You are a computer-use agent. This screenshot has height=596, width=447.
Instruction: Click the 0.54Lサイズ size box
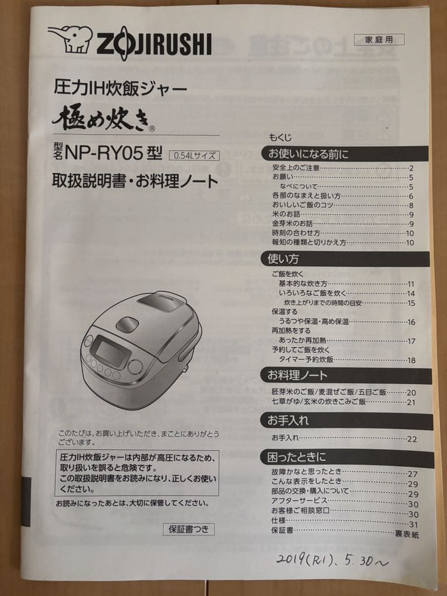pyautogui.click(x=194, y=155)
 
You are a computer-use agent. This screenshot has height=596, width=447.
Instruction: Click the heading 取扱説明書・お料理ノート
pyautogui.click(x=135, y=180)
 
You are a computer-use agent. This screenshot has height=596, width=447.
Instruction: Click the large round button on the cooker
pyautogui.click(x=135, y=367)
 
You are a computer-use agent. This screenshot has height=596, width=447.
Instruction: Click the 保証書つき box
pyautogui.click(x=189, y=529)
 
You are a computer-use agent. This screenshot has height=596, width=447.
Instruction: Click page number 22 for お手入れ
pyautogui.click(x=412, y=439)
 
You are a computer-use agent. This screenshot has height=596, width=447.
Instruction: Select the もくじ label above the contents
pyautogui.click(x=280, y=137)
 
